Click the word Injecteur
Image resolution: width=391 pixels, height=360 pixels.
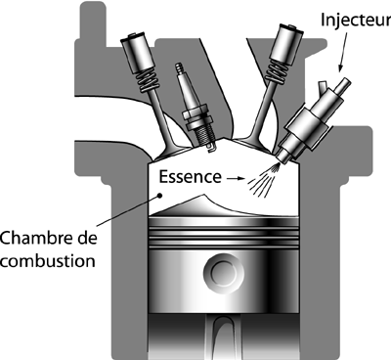356,20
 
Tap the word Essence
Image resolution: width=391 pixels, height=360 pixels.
191,176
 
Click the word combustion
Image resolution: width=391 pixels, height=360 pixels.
48,260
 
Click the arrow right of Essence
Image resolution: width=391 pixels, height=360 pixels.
236,178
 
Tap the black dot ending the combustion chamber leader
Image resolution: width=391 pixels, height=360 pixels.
159,196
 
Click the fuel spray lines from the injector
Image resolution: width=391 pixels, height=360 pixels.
263,180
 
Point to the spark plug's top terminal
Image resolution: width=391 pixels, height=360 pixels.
179,67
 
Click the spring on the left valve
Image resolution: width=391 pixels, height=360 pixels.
149,80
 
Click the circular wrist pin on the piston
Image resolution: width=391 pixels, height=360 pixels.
224,272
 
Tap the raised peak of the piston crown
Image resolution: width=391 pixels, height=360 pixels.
204,196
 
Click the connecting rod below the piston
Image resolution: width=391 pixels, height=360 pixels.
224,337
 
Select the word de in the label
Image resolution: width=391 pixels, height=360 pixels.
87,238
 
